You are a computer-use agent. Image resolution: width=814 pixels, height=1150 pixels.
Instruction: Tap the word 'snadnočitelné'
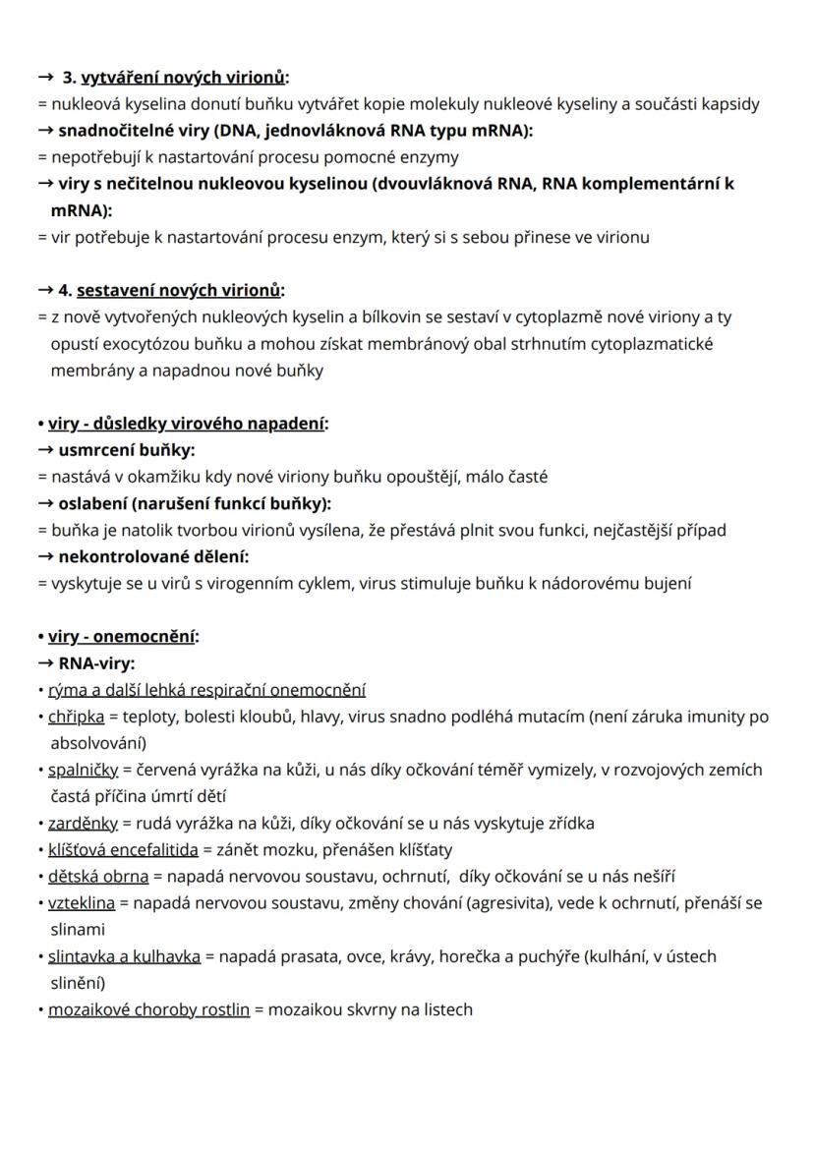tap(109, 131)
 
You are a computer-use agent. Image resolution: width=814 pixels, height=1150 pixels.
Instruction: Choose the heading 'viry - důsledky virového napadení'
tap(187, 424)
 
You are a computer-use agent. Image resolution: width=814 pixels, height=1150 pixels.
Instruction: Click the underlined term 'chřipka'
tap(77, 717)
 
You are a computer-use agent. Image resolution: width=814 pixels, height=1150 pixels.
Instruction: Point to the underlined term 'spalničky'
tap(84, 770)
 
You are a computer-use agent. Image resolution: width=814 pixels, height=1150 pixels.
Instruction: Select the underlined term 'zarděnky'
tap(83, 823)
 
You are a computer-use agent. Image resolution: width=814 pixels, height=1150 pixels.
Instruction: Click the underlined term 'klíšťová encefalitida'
tap(123, 849)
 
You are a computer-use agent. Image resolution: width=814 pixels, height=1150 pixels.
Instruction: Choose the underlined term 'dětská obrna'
tap(98, 876)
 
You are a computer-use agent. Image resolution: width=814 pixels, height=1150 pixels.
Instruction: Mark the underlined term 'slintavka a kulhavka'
tap(124, 955)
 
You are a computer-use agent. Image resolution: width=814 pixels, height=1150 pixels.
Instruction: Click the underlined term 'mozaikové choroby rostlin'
tap(148, 1008)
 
